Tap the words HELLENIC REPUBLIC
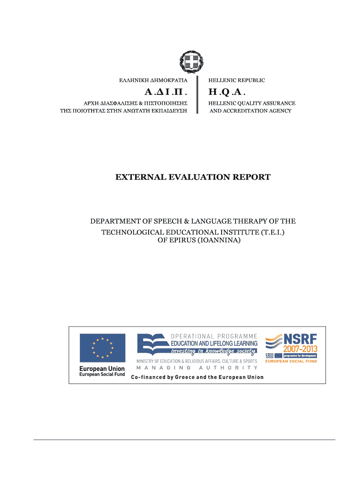(x=237, y=80)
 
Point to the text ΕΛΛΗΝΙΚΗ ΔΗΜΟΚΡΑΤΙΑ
(x=153, y=80)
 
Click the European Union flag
(x=102, y=348)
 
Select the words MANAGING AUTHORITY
(x=197, y=368)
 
